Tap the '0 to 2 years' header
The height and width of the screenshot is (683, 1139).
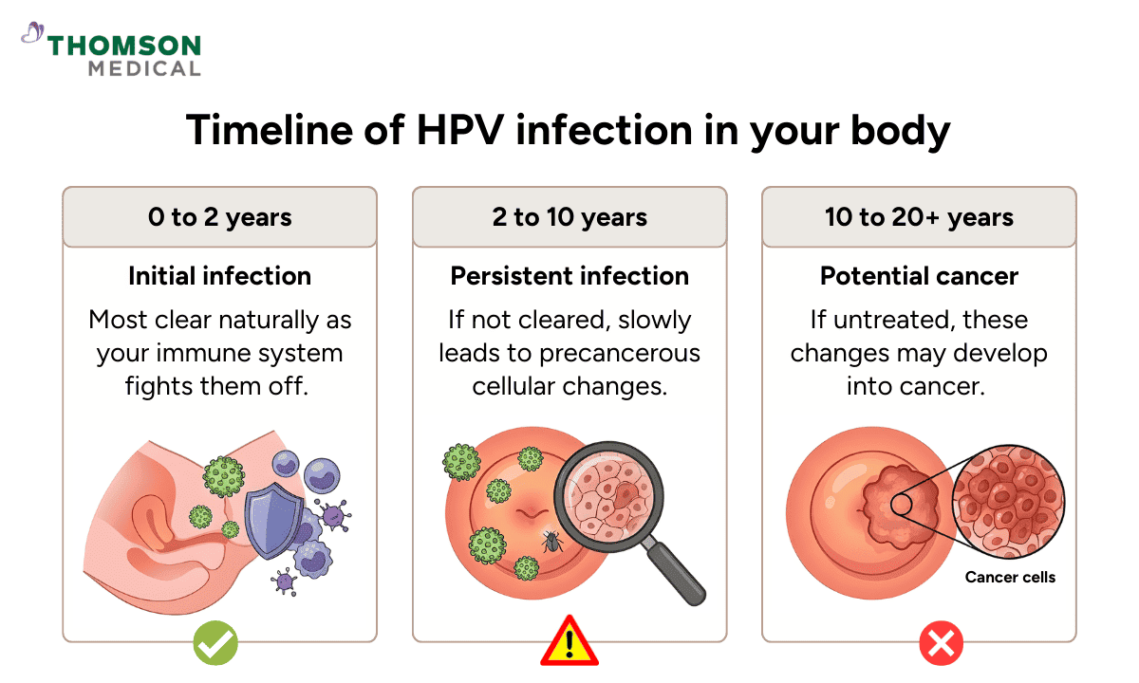pyautogui.click(x=219, y=217)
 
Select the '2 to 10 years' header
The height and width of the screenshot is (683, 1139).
pyautogui.click(x=569, y=217)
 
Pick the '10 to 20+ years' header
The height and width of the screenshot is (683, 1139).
pyautogui.click(x=919, y=217)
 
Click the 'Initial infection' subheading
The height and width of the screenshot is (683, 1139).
pyautogui.click(x=219, y=276)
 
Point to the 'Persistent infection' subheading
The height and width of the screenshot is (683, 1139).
pyautogui.click(x=569, y=276)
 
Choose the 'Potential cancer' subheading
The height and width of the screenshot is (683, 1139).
pyautogui.click(x=919, y=276)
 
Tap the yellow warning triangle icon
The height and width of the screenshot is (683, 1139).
pyautogui.click(x=569, y=641)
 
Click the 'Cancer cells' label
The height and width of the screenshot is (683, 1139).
pyautogui.click(x=1010, y=577)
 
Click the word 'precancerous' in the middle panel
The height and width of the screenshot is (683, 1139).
pyautogui.click(x=620, y=354)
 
